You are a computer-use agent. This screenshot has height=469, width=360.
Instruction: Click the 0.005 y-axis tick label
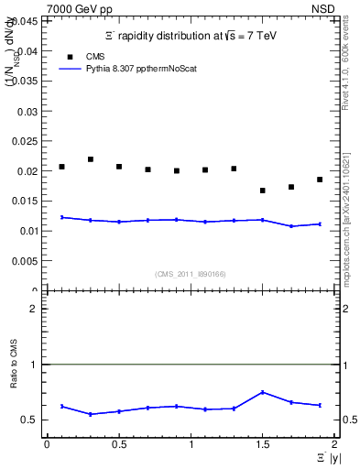27,261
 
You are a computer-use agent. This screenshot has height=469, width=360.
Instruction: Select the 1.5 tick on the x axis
262,444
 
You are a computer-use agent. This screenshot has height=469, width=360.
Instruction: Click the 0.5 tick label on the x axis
118,444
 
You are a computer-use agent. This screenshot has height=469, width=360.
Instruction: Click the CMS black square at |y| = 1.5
262,191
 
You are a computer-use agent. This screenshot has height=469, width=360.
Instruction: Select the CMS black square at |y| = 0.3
90,159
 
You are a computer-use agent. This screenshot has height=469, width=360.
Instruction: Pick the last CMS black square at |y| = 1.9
320,180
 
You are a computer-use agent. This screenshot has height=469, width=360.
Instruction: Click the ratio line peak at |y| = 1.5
262,392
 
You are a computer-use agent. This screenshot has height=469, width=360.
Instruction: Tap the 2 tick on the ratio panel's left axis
35,309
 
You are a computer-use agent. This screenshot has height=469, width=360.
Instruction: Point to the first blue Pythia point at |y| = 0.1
61,217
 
